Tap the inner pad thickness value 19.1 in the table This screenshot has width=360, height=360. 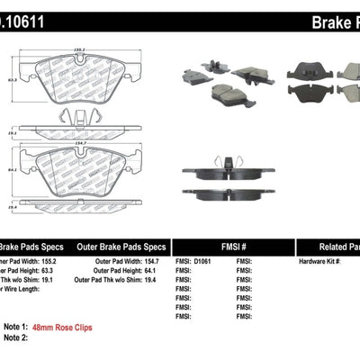coord(50,281)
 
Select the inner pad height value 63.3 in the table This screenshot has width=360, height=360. coord(50,271)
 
